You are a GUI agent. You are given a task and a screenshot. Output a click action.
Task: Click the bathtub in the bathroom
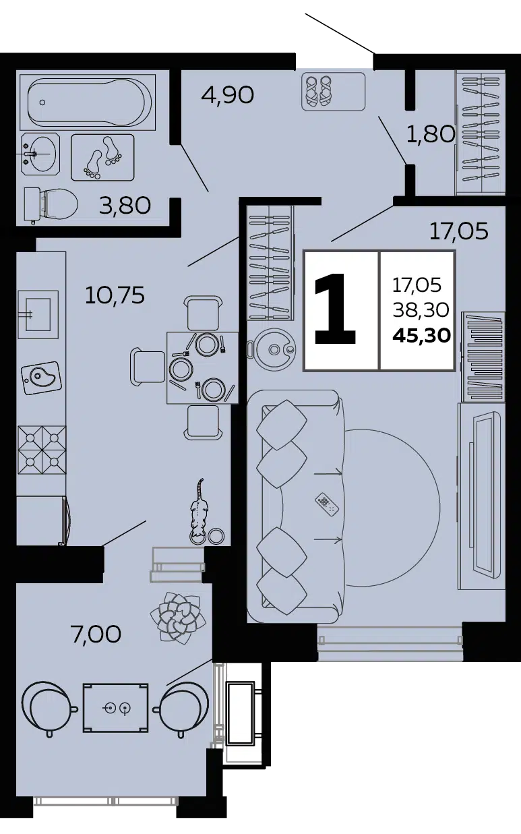click(88, 102)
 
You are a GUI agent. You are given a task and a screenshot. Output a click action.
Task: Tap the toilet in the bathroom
click(51, 204)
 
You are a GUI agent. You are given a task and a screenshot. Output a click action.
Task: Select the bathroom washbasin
click(40, 154)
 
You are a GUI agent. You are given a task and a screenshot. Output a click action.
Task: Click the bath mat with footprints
click(102, 157)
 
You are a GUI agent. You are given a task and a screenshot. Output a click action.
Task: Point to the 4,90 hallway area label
click(228, 95)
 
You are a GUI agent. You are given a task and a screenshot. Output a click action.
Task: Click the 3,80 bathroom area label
click(125, 205)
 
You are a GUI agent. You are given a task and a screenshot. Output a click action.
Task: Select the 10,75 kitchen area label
click(115, 295)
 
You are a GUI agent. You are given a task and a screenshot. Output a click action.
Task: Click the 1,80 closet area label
click(431, 134)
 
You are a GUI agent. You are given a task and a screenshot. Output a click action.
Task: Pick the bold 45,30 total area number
click(422, 336)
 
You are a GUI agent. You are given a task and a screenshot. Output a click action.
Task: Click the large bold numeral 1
click(335, 309)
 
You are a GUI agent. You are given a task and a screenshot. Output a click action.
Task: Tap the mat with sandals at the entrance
click(333, 91)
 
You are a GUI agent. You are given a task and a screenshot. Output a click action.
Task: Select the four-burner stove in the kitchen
click(42, 450)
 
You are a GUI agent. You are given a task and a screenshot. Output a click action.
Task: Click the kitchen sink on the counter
click(38, 315)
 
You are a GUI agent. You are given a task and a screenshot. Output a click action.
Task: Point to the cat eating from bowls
click(199, 513)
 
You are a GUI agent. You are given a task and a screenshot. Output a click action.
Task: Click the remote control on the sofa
click(327, 504)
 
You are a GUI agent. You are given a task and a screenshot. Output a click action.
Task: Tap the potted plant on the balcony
click(178, 618)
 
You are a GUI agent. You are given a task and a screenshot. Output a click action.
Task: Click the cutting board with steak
click(40, 378)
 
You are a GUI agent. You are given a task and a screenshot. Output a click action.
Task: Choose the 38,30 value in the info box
click(421, 309)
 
